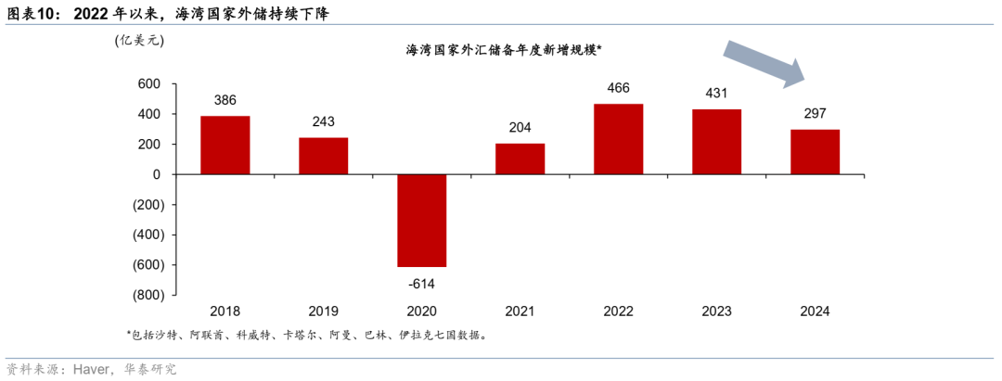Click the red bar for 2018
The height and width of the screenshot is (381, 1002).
pyautogui.click(x=225, y=145)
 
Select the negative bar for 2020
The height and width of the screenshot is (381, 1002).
pyautogui.click(x=422, y=221)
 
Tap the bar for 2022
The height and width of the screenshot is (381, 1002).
pyautogui.click(x=618, y=139)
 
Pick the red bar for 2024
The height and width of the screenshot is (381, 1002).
pyautogui.click(x=815, y=152)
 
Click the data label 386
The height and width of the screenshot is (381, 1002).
pyautogui.click(x=225, y=99)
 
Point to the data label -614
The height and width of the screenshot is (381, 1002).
pyautogui.click(x=422, y=284)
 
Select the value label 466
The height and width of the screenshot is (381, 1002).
pyautogui.click(x=618, y=88)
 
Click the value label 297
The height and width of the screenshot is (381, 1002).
pyautogui.click(x=815, y=113)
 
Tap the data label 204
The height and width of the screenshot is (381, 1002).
pyautogui.click(x=520, y=128)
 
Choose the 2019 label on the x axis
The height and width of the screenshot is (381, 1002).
pyautogui.click(x=324, y=311)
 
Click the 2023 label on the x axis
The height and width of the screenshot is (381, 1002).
pyautogui.click(x=716, y=311)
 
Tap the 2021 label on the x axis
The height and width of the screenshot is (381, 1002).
pyautogui.click(x=520, y=311)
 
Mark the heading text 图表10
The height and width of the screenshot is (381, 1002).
pyautogui.click(x=32, y=14)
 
